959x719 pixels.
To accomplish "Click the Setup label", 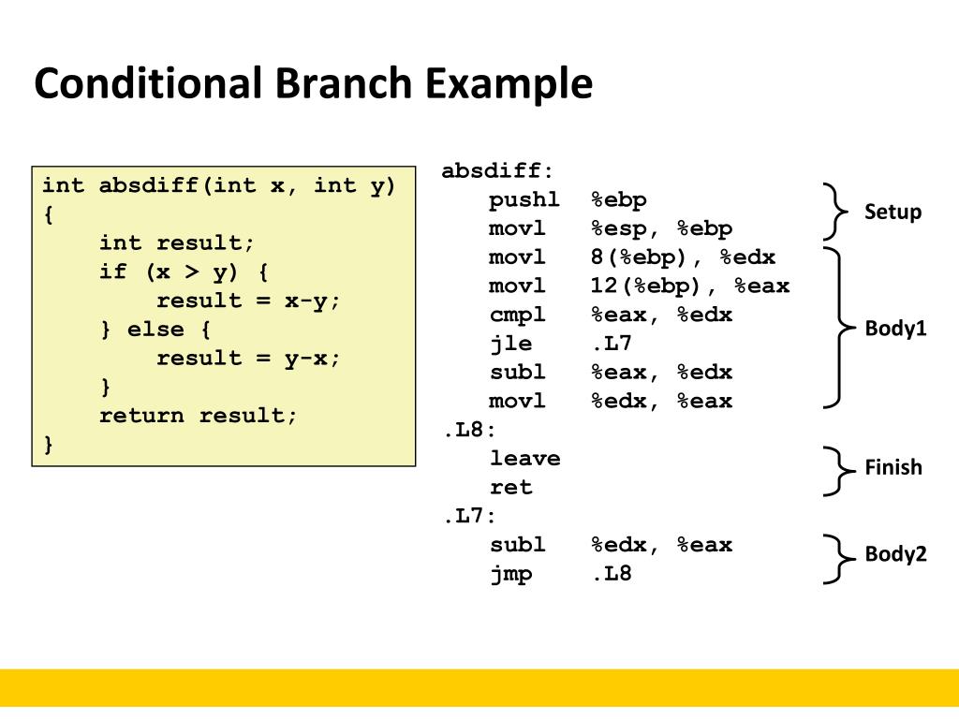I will [893, 213].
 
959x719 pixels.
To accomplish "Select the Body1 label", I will [895, 329].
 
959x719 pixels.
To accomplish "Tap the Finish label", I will [893, 467].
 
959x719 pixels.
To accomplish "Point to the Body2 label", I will [895, 554].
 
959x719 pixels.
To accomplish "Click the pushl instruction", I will [524, 200].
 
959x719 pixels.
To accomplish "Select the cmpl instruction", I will [517, 315].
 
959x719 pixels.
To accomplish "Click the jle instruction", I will [510, 345].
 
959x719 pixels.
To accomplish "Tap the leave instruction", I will [524, 459].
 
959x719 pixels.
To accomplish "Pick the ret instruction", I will [510, 488].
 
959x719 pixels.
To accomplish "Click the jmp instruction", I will [510, 574].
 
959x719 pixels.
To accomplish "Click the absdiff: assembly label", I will [497, 171].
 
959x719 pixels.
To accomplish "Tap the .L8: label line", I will [468, 431].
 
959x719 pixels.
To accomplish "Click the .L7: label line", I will [468, 517].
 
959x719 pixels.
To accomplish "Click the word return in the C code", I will [141, 416].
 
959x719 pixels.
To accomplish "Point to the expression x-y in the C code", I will [305, 301].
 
